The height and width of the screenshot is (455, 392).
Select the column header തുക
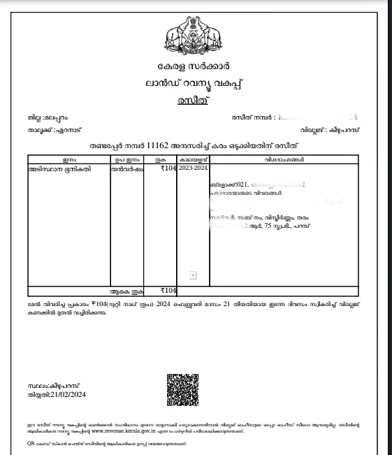(161, 159)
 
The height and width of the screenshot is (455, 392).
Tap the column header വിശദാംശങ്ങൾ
(284, 159)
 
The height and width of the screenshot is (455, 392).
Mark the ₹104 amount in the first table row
(168, 168)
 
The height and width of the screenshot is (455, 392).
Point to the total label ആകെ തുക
(126, 290)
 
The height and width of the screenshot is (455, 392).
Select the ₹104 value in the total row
(168, 290)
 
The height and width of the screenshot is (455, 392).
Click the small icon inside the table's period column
(194, 275)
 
